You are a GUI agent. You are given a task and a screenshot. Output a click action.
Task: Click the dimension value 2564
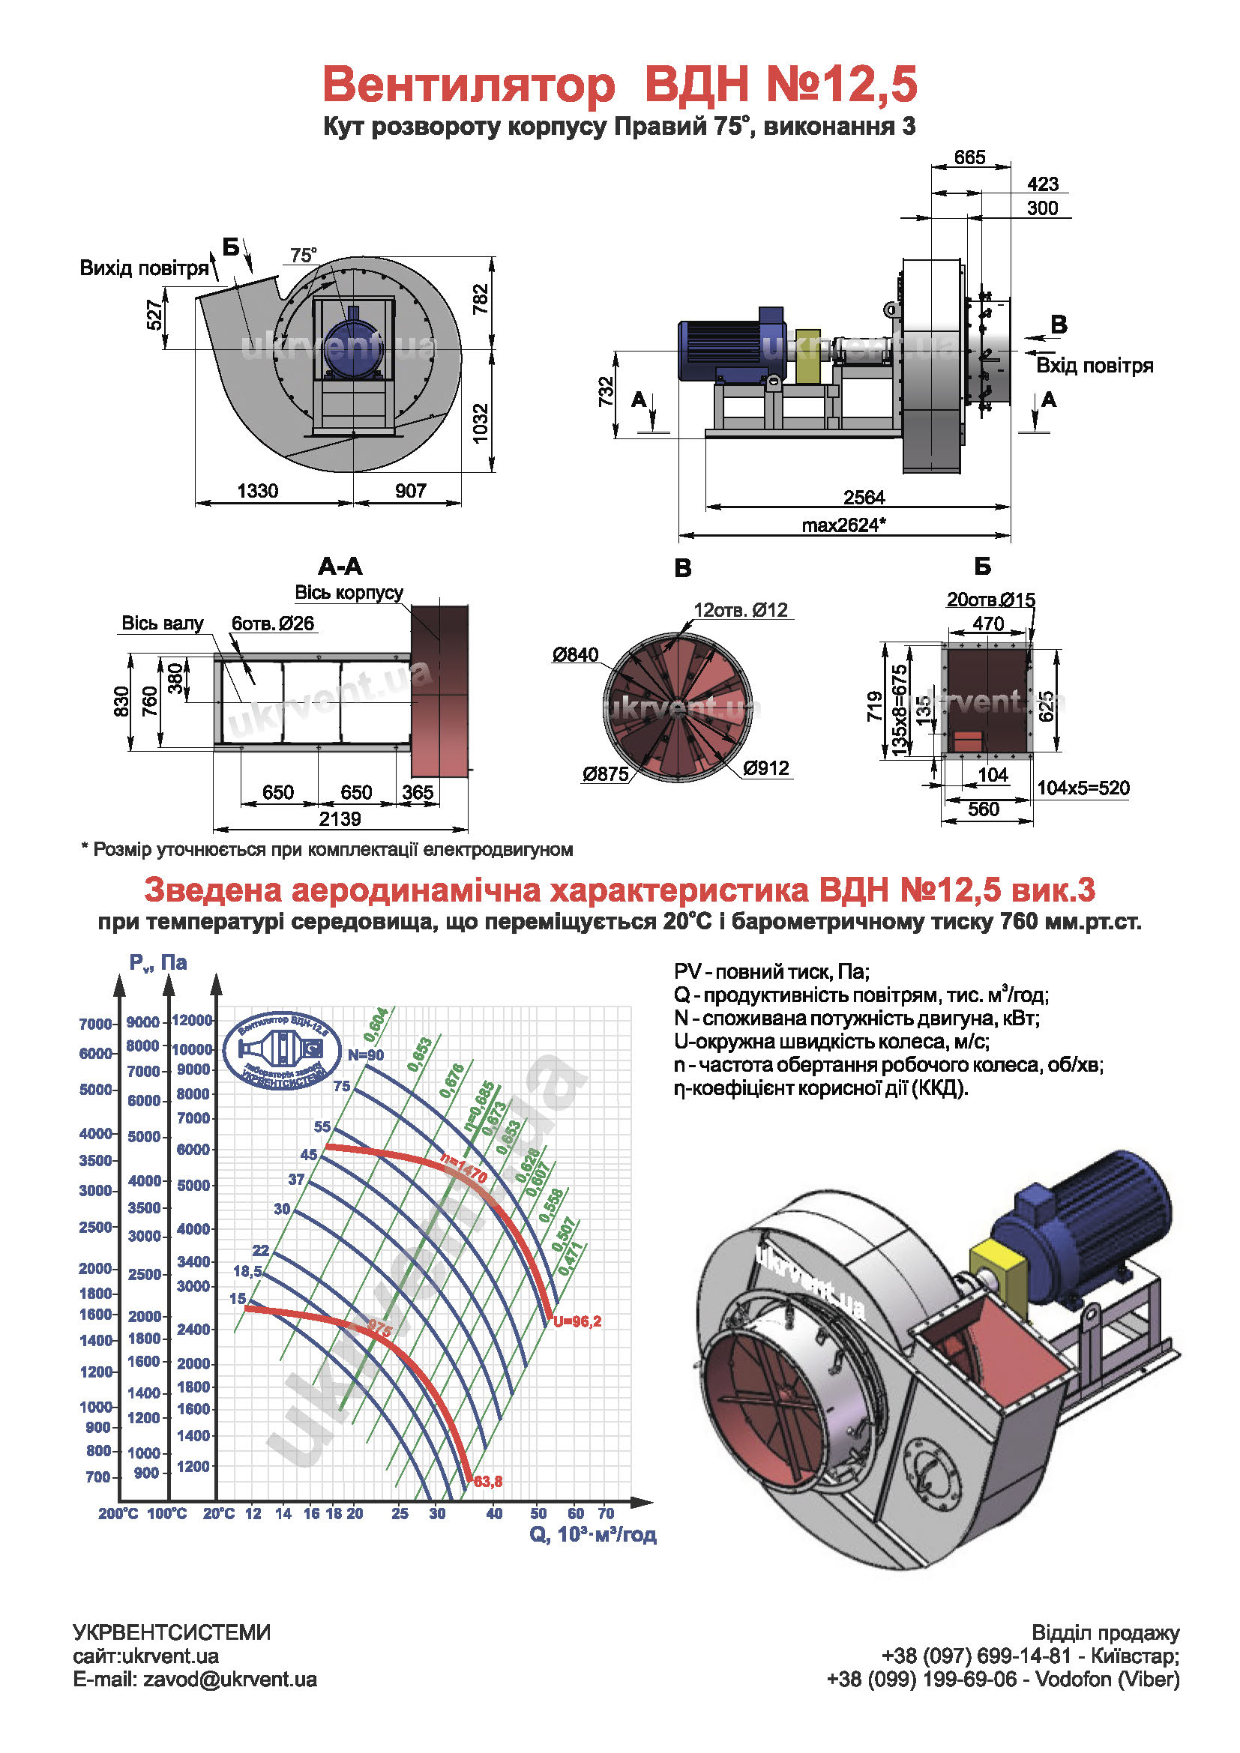(x=864, y=498)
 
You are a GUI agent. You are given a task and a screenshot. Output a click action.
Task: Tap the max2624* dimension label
(x=843, y=525)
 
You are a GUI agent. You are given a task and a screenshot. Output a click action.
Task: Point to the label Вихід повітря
(x=144, y=268)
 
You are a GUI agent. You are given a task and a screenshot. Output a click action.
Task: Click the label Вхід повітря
(x=1093, y=366)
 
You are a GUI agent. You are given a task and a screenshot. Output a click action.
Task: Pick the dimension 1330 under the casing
(x=257, y=491)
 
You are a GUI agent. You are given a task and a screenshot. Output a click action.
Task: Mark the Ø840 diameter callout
(x=576, y=655)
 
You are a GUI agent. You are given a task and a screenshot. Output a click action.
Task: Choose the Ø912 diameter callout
(x=766, y=768)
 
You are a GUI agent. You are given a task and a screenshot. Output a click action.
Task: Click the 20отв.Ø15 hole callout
(x=990, y=600)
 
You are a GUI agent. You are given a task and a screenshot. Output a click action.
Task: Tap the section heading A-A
(x=340, y=567)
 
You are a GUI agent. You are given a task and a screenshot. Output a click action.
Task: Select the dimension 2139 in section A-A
(x=340, y=819)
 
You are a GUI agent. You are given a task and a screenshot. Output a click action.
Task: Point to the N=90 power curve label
(x=366, y=1055)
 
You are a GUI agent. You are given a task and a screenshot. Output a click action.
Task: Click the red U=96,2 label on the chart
(x=577, y=1321)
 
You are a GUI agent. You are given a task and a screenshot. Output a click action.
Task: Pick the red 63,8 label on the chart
(x=488, y=1482)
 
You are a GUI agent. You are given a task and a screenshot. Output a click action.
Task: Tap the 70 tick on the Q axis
(x=606, y=1513)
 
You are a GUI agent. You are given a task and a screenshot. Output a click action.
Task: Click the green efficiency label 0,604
(x=376, y=1025)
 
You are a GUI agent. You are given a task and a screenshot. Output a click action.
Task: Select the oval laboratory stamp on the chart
(x=282, y=1051)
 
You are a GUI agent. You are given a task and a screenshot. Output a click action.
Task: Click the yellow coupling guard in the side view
(x=807, y=357)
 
